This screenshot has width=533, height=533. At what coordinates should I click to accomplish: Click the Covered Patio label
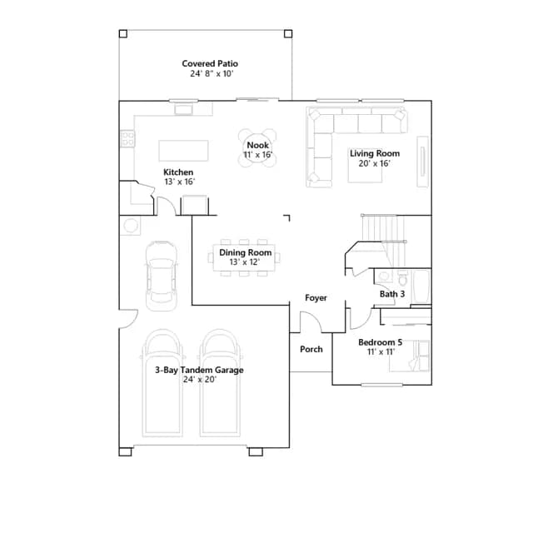tap(210, 63)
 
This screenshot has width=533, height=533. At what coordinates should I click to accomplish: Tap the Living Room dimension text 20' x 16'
tap(374, 163)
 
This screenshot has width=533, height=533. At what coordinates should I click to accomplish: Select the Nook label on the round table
tap(257, 145)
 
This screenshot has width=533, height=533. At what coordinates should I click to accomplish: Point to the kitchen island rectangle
tap(183, 151)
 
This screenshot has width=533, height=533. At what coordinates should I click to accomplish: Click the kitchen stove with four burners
tap(127, 139)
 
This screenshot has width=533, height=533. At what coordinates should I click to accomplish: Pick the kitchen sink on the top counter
tap(183, 110)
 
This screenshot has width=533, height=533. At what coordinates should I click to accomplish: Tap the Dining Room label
tap(245, 252)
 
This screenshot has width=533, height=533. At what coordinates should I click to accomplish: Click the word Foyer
tap(316, 298)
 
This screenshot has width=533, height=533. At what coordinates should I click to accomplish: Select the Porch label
tap(311, 349)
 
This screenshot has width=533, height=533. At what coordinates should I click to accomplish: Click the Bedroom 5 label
tap(381, 342)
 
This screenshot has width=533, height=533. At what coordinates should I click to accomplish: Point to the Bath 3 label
tap(392, 294)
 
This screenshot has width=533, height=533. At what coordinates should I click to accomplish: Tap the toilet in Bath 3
tap(403, 277)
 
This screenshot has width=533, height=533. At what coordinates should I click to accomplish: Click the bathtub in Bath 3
tap(422, 286)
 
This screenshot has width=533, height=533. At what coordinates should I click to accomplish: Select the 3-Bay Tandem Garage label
tap(199, 370)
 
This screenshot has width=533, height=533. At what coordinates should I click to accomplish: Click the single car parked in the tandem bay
tap(162, 276)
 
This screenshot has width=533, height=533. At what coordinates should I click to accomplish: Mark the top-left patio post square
tap(123, 33)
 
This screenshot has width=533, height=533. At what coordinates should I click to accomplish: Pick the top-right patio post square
tap(288, 33)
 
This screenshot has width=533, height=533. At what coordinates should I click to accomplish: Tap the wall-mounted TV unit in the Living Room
tap(423, 162)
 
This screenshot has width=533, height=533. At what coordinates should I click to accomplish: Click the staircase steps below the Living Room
tap(384, 241)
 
